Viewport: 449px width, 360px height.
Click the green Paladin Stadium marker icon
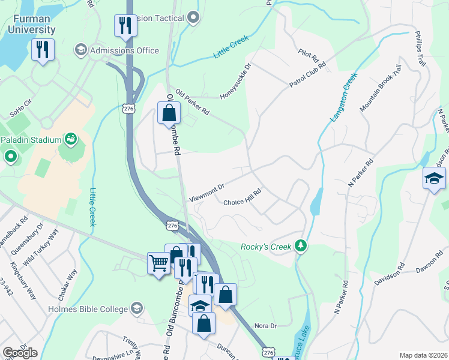71,139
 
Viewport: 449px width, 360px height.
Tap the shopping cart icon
158,262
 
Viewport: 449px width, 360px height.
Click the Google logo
19,353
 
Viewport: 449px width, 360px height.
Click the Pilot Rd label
307,56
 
